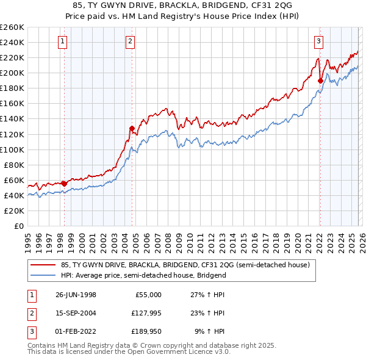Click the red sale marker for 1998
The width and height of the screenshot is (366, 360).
[65, 183]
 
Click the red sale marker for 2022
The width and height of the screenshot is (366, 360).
[320, 80]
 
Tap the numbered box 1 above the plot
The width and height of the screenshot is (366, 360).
[64, 41]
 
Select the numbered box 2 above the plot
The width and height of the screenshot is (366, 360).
[131, 41]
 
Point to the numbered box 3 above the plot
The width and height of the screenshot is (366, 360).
[319, 41]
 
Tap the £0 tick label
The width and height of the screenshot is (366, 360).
[18, 226]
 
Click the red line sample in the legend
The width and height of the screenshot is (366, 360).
[43, 265]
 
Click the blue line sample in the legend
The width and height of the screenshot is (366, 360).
[43, 275]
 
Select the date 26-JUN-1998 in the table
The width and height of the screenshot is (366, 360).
[76, 295]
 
